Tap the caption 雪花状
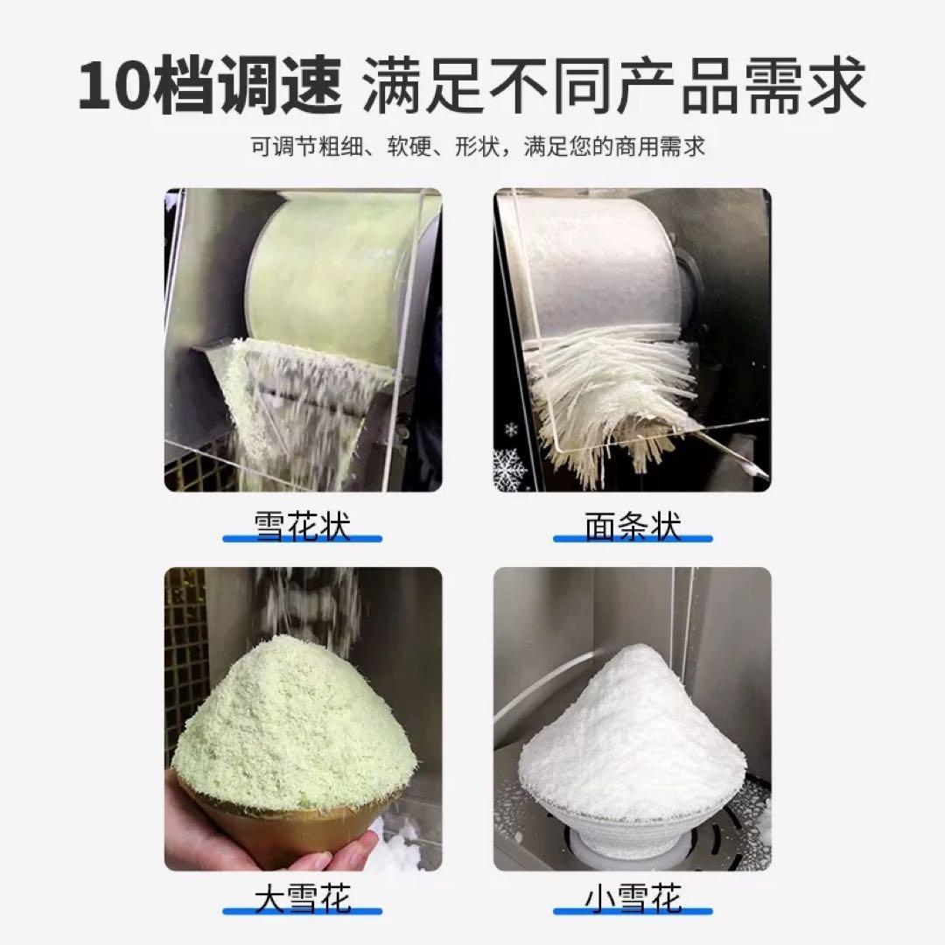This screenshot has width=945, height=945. point(303,526)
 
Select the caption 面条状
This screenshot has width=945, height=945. point(633,526)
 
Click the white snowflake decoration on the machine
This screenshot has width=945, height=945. point(509,467)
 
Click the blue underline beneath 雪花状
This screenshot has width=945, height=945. point(303,538)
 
